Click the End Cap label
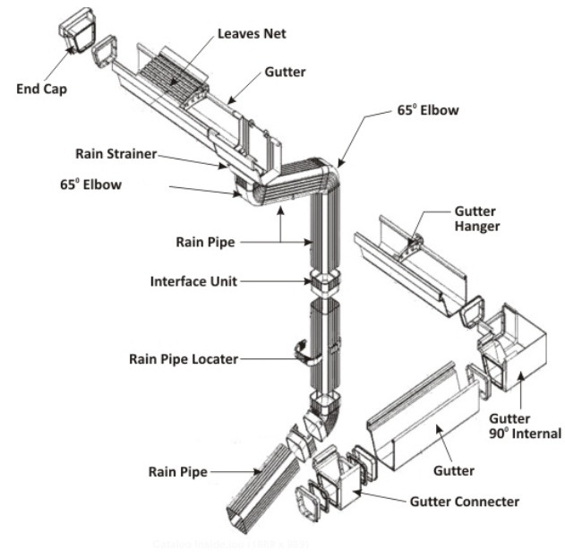coord(43,89)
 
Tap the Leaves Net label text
coord(252,34)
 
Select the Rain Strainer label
coord(115,154)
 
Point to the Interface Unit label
coord(193,281)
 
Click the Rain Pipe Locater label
coord(184,359)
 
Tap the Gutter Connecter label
coord(465,502)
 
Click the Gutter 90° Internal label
coord(524,426)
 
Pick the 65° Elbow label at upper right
coord(428,111)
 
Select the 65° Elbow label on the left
coord(90,185)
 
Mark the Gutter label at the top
coord(284,72)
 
